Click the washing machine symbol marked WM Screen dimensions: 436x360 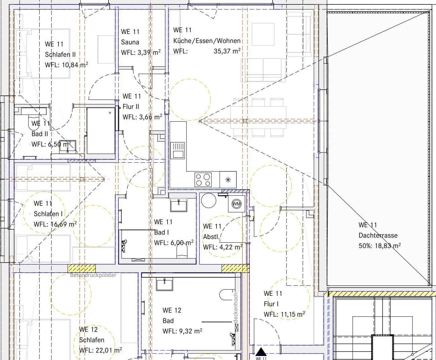pyautogui.click(x=236, y=204)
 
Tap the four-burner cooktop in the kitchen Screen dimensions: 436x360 pyautogui.click(x=203, y=179)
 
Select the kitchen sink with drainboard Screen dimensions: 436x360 pyautogui.click(x=177, y=150)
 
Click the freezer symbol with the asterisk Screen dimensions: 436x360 pyautogui.click(x=228, y=179)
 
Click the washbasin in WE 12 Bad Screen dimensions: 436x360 pyautogui.click(x=164, y=284)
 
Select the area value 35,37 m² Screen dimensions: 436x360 pyautogui.click(x=227, y=51)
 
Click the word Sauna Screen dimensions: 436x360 pyautogui.click(x=130, y=42)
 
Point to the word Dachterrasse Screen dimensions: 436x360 pyautogui.click(x=378, y=235)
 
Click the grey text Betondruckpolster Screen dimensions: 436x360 pyautogui.click(x=93, y=275)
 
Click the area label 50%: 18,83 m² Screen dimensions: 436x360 pyautogui.click(x=380, y=246)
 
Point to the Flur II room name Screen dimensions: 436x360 pyautogui.click(x=131, y=107)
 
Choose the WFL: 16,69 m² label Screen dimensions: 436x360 pyautogui.click(x=55, y=224)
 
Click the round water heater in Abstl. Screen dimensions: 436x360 pyautogui.click(x=209, y=200)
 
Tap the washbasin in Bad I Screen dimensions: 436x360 pyautogui.click(x=179, y=205)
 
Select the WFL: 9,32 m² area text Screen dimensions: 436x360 pyautogui.click(x=182, y=331)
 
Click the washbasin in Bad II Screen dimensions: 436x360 pyautogui.click(x=68, y=146)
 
